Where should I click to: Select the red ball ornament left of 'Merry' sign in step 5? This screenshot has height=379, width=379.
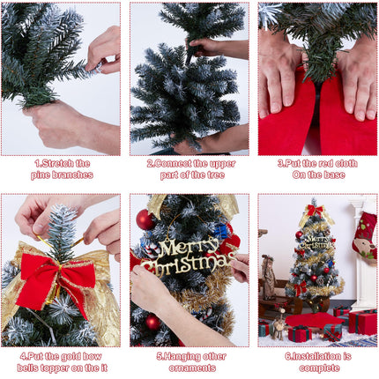[145, 219]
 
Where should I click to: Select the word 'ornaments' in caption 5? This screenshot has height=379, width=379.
[189, 368]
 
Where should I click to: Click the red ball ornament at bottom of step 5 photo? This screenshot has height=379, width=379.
[152, 323]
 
